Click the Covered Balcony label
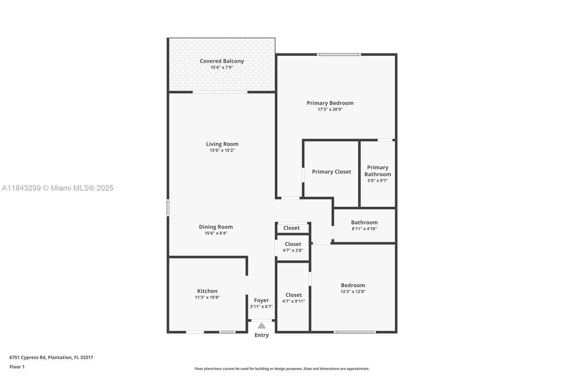(222, 61)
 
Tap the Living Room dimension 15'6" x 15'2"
(222, 150)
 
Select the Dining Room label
(216, 227)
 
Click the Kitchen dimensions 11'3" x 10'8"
(207, 297)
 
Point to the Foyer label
(261, 300)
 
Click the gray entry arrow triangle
(261, 326)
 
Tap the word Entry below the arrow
(261, 335)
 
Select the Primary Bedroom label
(330, 103)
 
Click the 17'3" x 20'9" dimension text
(330, 109)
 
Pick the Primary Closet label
(331, 172)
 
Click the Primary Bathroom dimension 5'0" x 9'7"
(378, 181)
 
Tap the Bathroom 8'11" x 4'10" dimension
(364, 229)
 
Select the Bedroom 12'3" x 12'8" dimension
(353, 292)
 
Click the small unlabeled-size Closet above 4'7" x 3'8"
(292, 228)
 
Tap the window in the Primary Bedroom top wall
(338, 54)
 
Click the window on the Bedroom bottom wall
(355, 332)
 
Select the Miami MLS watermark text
(58, 188)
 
